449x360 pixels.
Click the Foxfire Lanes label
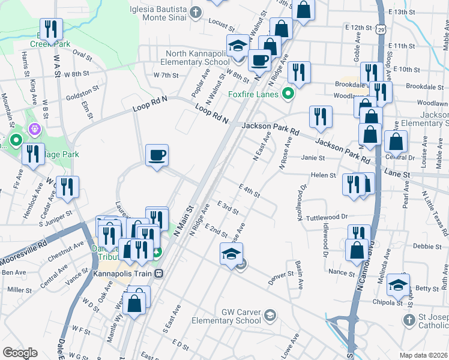click(x=253, y=95)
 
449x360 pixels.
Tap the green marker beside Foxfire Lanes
click(x=288, y=94)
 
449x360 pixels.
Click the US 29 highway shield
click(x=381, y=29)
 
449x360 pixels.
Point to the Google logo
click(x=20, y=353)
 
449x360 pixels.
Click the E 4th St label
click(x=249, y=191)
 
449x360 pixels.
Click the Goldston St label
click(x=82, y=94)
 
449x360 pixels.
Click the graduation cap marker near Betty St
click(x=397, y=286)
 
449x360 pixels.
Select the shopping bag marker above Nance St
click(x=357, y=250)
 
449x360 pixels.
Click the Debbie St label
click(x=431, y=246)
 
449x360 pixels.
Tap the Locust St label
click(x=221, y=25)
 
